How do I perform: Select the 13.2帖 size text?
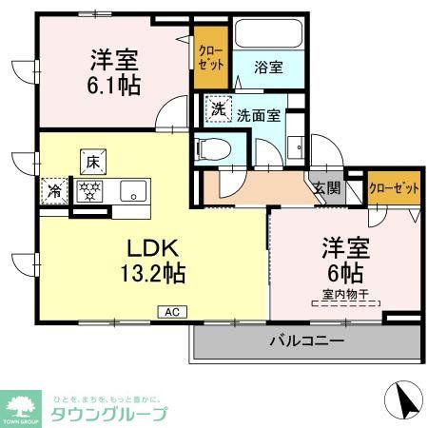(x=152, y=274)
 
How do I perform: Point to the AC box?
(x=172, y=311)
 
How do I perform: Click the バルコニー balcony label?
(x=307, y=340)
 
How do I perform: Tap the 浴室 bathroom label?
(x=268, y=68)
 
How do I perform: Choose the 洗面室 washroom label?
(x=258, y=115)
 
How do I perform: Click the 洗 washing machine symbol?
(x=219, y=109)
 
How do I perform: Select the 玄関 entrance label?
(x=326, y=188)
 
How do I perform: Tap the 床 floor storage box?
(x=91, y=162)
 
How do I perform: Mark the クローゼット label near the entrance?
(x=394, y=188)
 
